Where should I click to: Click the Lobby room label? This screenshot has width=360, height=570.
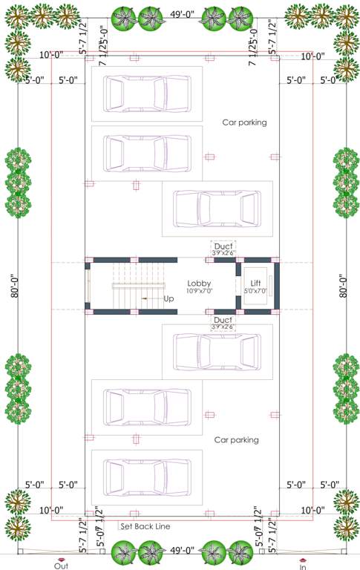click(199, 284)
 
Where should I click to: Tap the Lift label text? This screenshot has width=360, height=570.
click(255, 284)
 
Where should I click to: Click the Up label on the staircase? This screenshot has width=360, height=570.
click(169, 298)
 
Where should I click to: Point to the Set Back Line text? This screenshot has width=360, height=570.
click(145, 526)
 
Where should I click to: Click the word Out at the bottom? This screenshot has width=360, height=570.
click(61, 565)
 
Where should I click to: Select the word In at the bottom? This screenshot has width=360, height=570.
click(303, 565)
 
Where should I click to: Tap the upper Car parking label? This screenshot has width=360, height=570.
click(244, 122)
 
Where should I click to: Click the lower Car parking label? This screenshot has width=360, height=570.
click(236, 440)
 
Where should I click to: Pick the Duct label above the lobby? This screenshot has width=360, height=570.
click(223, 246)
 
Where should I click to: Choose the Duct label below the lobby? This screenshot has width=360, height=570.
click(223, 319)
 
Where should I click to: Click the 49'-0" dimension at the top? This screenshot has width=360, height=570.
click(182, 13)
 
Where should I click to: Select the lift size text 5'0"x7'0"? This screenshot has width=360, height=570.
click(255, 291)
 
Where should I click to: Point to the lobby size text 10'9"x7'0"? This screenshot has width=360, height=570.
click(199, 291)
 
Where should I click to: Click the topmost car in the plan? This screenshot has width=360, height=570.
click(137, 94)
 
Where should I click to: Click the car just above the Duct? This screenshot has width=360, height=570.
click(217, 209)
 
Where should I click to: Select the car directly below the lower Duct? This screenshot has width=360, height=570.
click(217, 352)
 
